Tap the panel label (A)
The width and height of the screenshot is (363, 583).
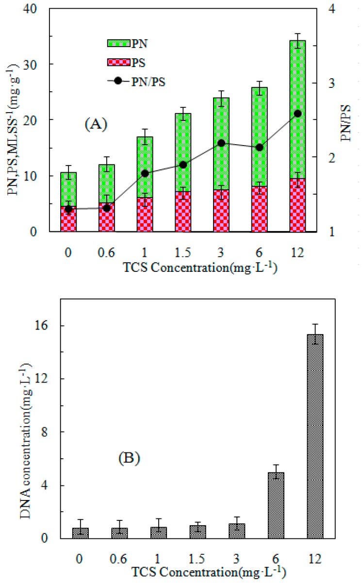[x=95, y=124]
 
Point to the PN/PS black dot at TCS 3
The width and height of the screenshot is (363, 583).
[x=221, y=143]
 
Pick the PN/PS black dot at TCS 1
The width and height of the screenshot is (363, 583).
[x=145, y=173]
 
